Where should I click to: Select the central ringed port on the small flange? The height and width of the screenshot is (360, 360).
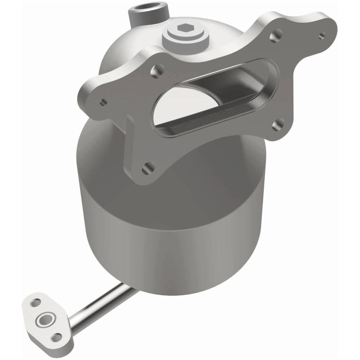pos(45,320)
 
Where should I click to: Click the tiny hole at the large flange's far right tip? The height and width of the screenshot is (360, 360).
pos(321,35)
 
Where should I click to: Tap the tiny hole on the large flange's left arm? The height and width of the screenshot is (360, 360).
pos(103,102)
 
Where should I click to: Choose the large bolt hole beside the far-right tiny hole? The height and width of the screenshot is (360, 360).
pos(278,33)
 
